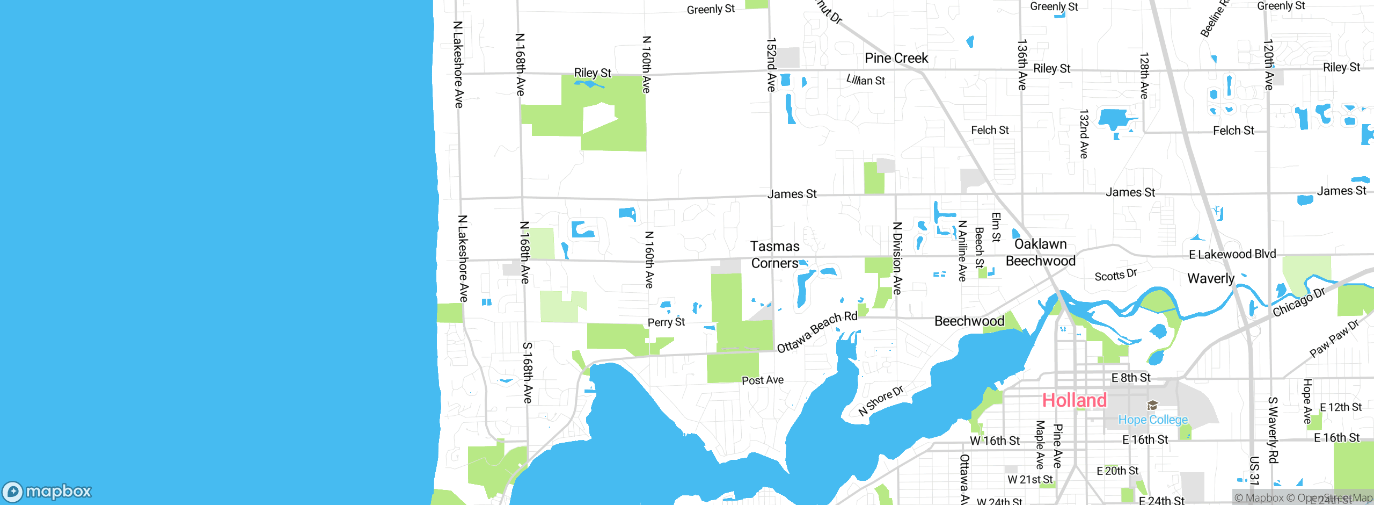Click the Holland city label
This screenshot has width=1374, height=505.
(x=1074, y=400)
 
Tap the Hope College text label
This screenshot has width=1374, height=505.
(x=1153, y=420)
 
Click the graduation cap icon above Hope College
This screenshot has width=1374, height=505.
(x=1152, y=405)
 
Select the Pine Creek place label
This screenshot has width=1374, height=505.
(x=896, y=58)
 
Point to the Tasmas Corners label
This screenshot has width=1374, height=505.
(x=774, y=255)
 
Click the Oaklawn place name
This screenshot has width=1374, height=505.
(x=1040, y=244)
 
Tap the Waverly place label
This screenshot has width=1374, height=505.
(x=1210, y=278)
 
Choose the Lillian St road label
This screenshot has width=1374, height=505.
(x=865, y=80)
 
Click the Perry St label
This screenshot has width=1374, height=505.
(x=666, y=322)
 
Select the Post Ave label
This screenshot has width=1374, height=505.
(x=762, y=380)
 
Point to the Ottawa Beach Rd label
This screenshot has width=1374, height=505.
(x=817, y=331)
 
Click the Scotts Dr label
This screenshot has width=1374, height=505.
(x=1116, y=275)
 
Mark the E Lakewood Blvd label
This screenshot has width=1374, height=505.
(x=1232, y=254)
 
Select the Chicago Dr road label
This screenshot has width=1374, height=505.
(x=1299, y=302)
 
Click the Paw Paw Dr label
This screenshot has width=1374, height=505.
(x=1334, y=338)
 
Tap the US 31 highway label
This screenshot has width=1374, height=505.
(x=1254, y=471)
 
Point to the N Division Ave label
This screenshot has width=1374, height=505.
(x=897, y=258)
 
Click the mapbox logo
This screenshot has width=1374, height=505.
(x=47, y=491)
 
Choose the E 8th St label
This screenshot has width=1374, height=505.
(x=1131, y=378)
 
